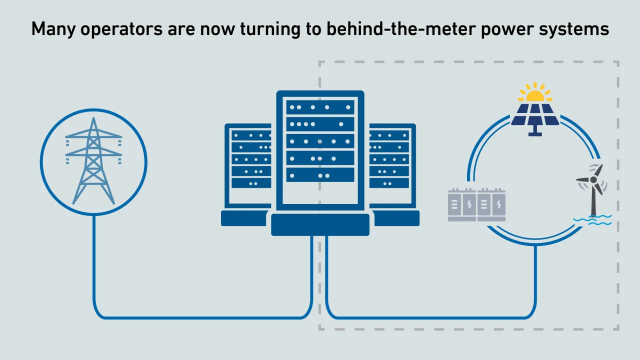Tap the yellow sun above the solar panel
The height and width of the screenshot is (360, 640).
click(x=534, y=94)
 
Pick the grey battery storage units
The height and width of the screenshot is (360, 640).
click(x=477, y=204)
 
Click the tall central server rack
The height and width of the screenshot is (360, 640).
click(x=320, y=150)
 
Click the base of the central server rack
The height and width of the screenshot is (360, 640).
click(x=320, y=224)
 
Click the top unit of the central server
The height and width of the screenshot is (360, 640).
click(x=320, y=107)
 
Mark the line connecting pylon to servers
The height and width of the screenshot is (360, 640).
click(x=200, y=317)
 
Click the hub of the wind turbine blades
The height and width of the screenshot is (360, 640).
click(x=593, y=179)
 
